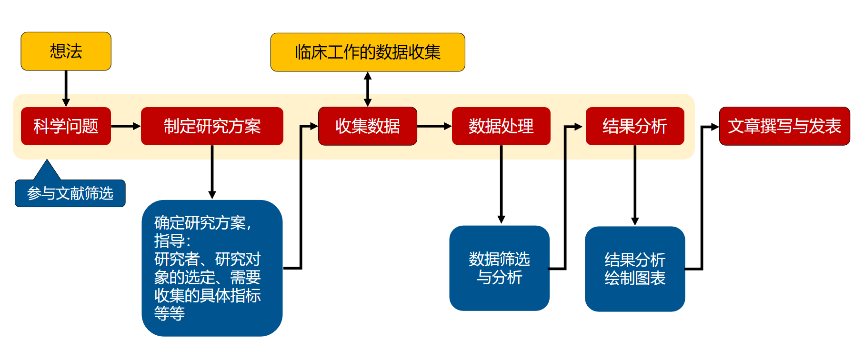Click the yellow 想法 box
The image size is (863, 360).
point(66,51)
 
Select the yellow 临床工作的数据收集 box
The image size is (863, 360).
point(367,52)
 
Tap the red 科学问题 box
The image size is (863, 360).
point(66,126)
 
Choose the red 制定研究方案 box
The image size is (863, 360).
point(212,126)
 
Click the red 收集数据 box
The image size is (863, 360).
point(367,126)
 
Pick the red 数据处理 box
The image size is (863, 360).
point(501,126)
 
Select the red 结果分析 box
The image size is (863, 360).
point(634,126)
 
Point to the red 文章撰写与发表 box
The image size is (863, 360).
point(784,126)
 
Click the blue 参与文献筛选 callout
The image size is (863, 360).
point(70,193)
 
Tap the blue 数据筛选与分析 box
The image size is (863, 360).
point(499,268)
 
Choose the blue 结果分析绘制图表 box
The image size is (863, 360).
point(634,269)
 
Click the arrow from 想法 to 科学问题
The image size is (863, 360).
point(66,88)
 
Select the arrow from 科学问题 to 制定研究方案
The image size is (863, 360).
point(126,126)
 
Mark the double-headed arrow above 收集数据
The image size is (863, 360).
point(367,89)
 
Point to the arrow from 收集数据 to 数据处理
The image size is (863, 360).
point(434,126)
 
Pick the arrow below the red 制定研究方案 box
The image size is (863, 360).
point(212,171)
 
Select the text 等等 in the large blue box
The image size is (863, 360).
point(170,313)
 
